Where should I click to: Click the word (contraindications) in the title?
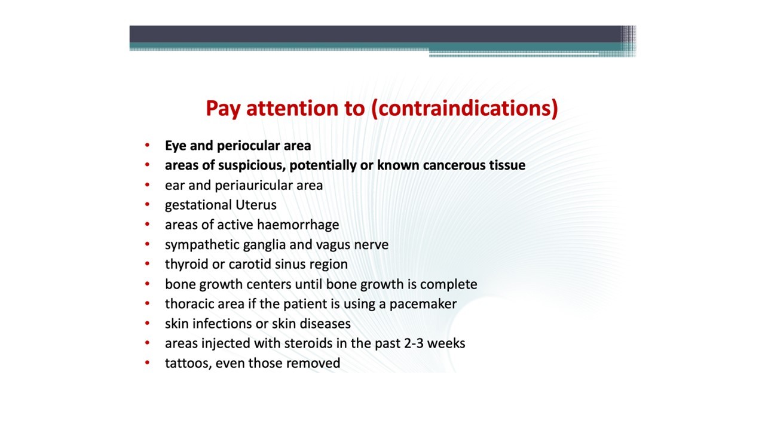point(464,108)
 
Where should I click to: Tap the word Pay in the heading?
point(223,109)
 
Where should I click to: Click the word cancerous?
point(454,165)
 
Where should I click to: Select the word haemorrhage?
point(298,225)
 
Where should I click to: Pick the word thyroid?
point(186,265)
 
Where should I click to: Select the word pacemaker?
point(423,304)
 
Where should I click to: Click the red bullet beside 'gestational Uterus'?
point(147,204)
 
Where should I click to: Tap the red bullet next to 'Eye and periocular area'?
point(147,145)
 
